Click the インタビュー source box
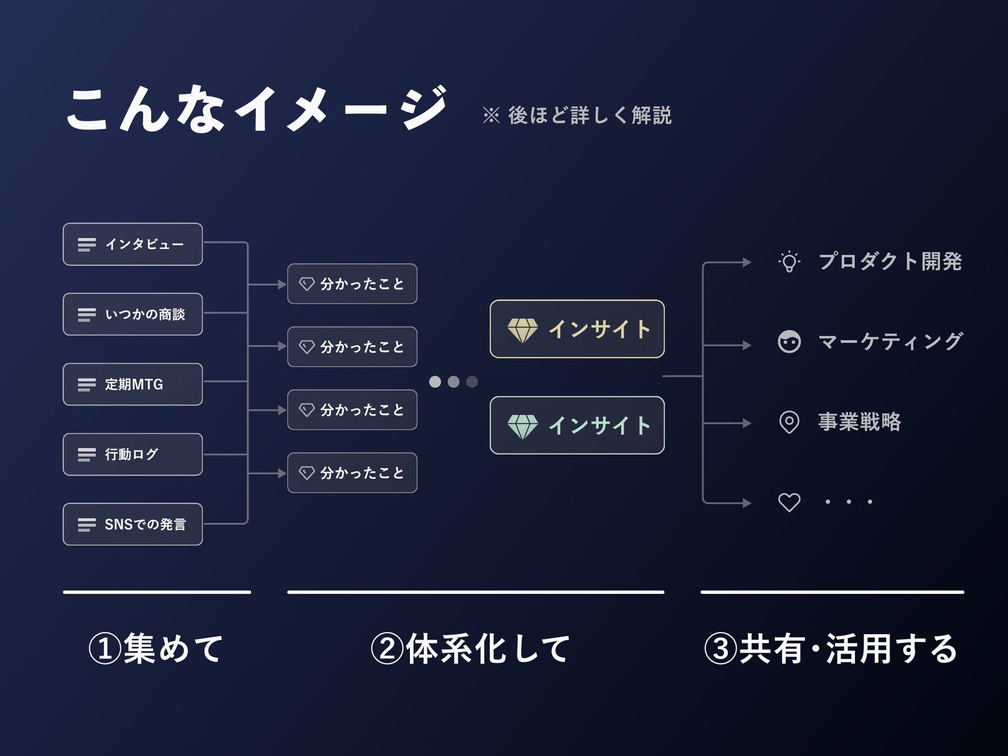click(x=133, y=244)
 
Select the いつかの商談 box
click(x=133, y=314)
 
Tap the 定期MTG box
click(x=133, y=384)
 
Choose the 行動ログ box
click(x=133, y=454)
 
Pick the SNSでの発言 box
click(x=133, y=524)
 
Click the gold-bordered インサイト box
click(x=577, y=329)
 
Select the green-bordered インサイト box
click(x=577, y=425)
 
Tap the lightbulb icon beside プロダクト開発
click(x=789, y=261)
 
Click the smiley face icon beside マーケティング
click(x=789, y=342)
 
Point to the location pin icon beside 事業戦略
click(x=789, y=422)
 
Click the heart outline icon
click(x=789, y=502)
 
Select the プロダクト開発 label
click(x=890, y=261)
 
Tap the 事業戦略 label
click(x=859, y=422)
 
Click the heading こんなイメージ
click(x=256, y=109)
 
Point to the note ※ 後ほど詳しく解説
click(x=577, y=115)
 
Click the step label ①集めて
click(x=156, y=648)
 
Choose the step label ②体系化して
click(x=470, y=648)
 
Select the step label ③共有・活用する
click(x=831, y=648)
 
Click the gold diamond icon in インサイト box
click(x=522, y=330)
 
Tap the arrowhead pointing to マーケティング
click(x=747, y=345)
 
